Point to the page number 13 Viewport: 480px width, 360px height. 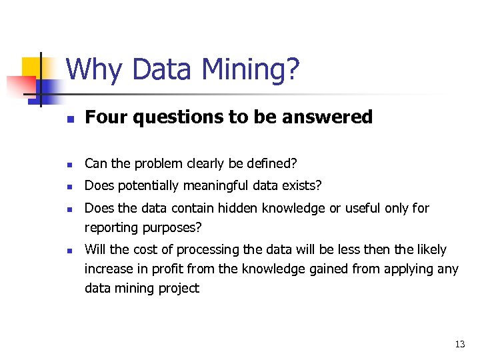pos(459,345)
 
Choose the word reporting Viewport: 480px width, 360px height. pos(111,227)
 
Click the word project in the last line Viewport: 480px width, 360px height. pos(177,288)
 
